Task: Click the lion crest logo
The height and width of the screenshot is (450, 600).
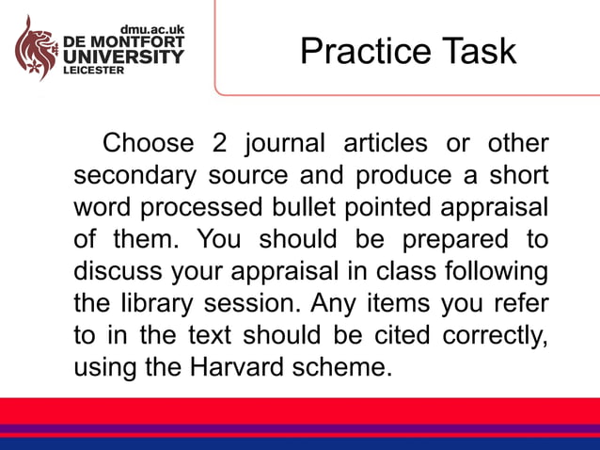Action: tap(35, 48)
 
